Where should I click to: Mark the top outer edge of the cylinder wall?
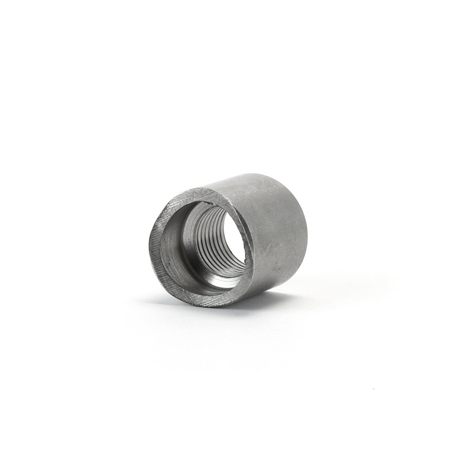[x=256, y=176]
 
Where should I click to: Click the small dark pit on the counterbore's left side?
[x=169, y=265]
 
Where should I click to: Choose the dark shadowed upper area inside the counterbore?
[x=188, y=215]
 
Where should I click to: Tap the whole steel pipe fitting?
[x=229, y=240]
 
